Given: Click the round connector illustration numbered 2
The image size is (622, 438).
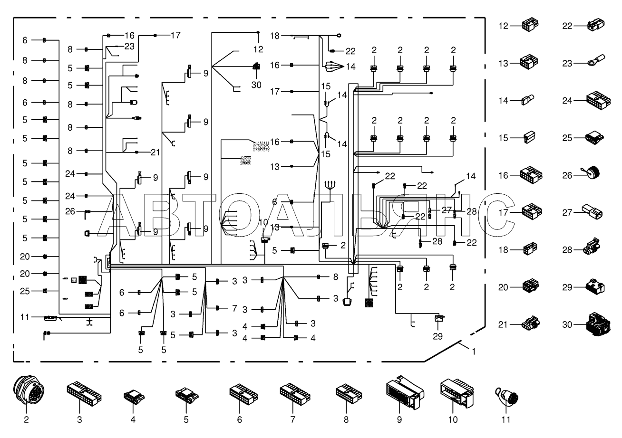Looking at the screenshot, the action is (x=29, y=390).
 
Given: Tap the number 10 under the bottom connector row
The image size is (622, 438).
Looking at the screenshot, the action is (x=453, y=419).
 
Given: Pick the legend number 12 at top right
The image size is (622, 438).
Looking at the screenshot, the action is (x=503, y=26).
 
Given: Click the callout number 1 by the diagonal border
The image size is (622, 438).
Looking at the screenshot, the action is (x=474, y=352).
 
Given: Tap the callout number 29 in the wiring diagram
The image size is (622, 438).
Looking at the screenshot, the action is (x=437, y=336).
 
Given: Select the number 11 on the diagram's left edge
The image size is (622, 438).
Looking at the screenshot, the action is (x=25, y=317).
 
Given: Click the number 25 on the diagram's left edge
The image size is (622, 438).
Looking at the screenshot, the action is (x=25, y=291).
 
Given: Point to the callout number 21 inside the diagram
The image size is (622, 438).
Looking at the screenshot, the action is (x=155, y=152).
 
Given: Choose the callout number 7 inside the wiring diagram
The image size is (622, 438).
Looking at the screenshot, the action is (x=234, y=308).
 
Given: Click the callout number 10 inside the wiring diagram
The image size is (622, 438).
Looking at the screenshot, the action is (x=263, y=222).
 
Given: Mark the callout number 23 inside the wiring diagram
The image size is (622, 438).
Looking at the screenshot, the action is (x=129, y=46).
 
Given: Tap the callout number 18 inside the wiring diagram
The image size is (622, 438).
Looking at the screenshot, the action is (x=275, y=36).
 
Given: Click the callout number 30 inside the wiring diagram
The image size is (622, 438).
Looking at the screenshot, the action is (x=256, y=85).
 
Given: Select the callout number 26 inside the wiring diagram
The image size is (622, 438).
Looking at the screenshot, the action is (x=70, y=211).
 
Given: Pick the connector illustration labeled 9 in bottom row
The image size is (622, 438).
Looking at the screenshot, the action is (x=404, y=392).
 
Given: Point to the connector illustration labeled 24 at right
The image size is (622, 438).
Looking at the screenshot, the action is (x=598, y=100).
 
